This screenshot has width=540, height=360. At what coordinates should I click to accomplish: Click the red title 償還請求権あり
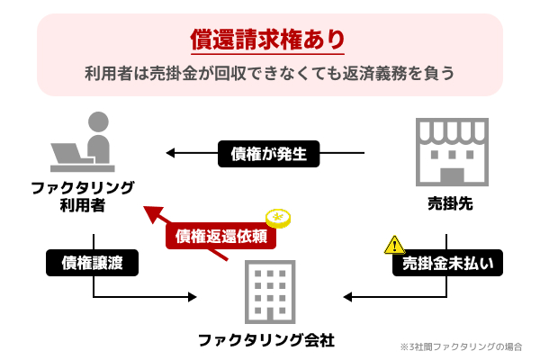coord(268,40)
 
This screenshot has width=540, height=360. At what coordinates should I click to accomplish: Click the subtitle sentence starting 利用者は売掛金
coord(268,72)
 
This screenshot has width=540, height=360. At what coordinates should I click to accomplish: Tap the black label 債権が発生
coord(268,154)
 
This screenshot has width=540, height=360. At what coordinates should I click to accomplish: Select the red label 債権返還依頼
coord(220,236)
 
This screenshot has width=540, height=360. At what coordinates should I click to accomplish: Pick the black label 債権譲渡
coord(92,263)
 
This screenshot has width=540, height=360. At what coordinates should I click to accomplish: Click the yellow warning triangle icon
coord(394,244)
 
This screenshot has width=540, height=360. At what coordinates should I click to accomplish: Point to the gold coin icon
coord(278,220)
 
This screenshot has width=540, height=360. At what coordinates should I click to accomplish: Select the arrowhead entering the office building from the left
coord(192,296)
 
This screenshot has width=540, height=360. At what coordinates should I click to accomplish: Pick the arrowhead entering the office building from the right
coord(346,296)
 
